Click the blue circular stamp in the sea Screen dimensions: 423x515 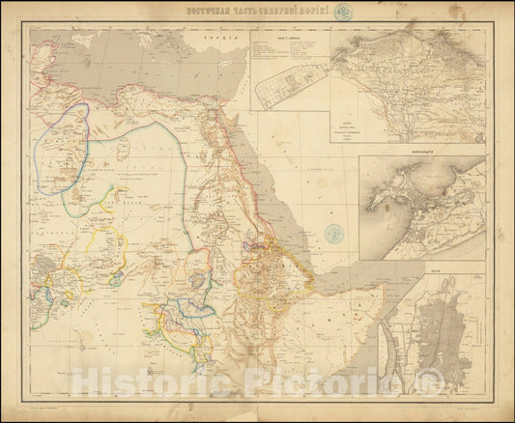pos(334,233)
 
